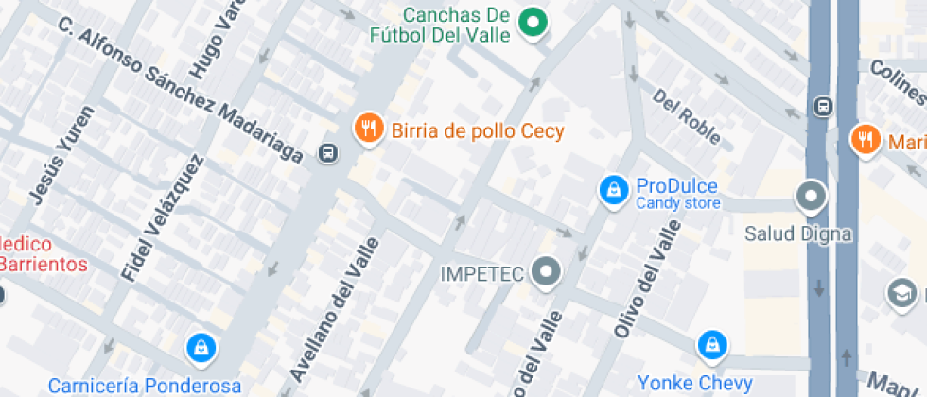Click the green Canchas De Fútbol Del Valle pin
click(533, 22)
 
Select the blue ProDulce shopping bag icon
click(614, 191)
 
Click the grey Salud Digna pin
click(811, 197)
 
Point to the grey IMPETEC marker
click(546, 273)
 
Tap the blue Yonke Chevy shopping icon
click(712, 346)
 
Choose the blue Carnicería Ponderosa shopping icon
click(201, 349)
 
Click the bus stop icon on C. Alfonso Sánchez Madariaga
click(328, 152)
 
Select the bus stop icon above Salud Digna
click(823, 106)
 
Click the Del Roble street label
click(687, 117)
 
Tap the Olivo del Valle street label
click(648, 279)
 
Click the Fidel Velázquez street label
click(163, 216)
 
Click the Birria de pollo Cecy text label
click(477, 131)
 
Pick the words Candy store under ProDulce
click(677, 203)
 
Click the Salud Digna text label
click(799, 233)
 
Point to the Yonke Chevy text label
click(694, 383)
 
